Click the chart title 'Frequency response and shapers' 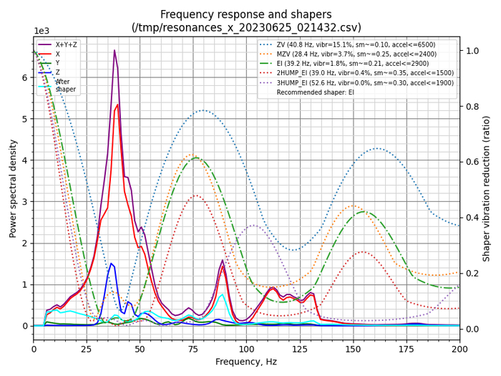point(246,14)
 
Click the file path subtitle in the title point(246,28)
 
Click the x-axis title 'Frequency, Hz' point(246,362)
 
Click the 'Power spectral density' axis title point(12,188)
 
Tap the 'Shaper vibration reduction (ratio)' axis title point(487,188)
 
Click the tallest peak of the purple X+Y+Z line point(115,51)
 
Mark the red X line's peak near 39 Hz point(117,105)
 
